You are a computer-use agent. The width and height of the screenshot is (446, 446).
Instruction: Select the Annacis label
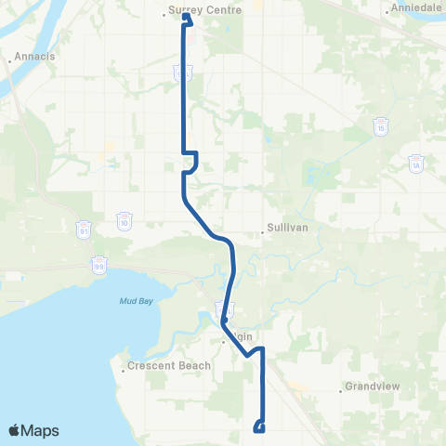pyautogui.click(x=33, y=57)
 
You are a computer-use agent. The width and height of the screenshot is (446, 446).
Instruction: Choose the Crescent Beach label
pyautogui.click(x=159, y=366)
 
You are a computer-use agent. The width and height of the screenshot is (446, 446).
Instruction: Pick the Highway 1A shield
pyautogui.click(x=415, y=163)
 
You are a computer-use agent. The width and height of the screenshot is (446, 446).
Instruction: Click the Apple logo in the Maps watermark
pyautogui.click(x=15, y=430)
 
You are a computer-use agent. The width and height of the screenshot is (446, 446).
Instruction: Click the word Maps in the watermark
pyautogui.click(x=41, y=430)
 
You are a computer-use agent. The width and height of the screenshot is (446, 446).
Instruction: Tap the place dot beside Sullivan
pyautogui.click(x=263, y=232)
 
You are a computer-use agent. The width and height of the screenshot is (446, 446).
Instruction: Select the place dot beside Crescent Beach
pyautogui.click(x=124, y=371)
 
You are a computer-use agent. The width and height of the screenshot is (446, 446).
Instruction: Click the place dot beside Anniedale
pyautogui.click(x=387, y=12)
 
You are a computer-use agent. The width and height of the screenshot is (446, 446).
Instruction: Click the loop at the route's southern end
pyautogui.click(x=259, y=427)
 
